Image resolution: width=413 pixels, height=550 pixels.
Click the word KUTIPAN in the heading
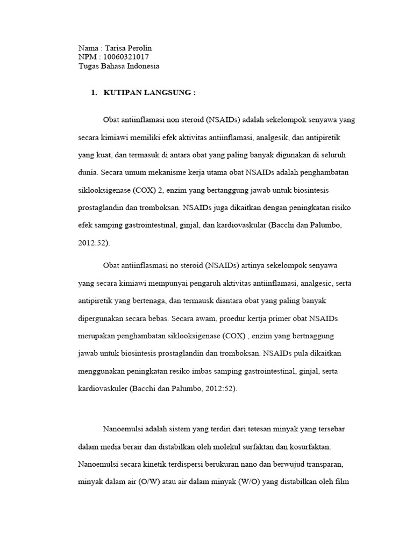pos(119,93)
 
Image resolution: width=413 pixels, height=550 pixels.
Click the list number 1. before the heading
pos(94,93)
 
